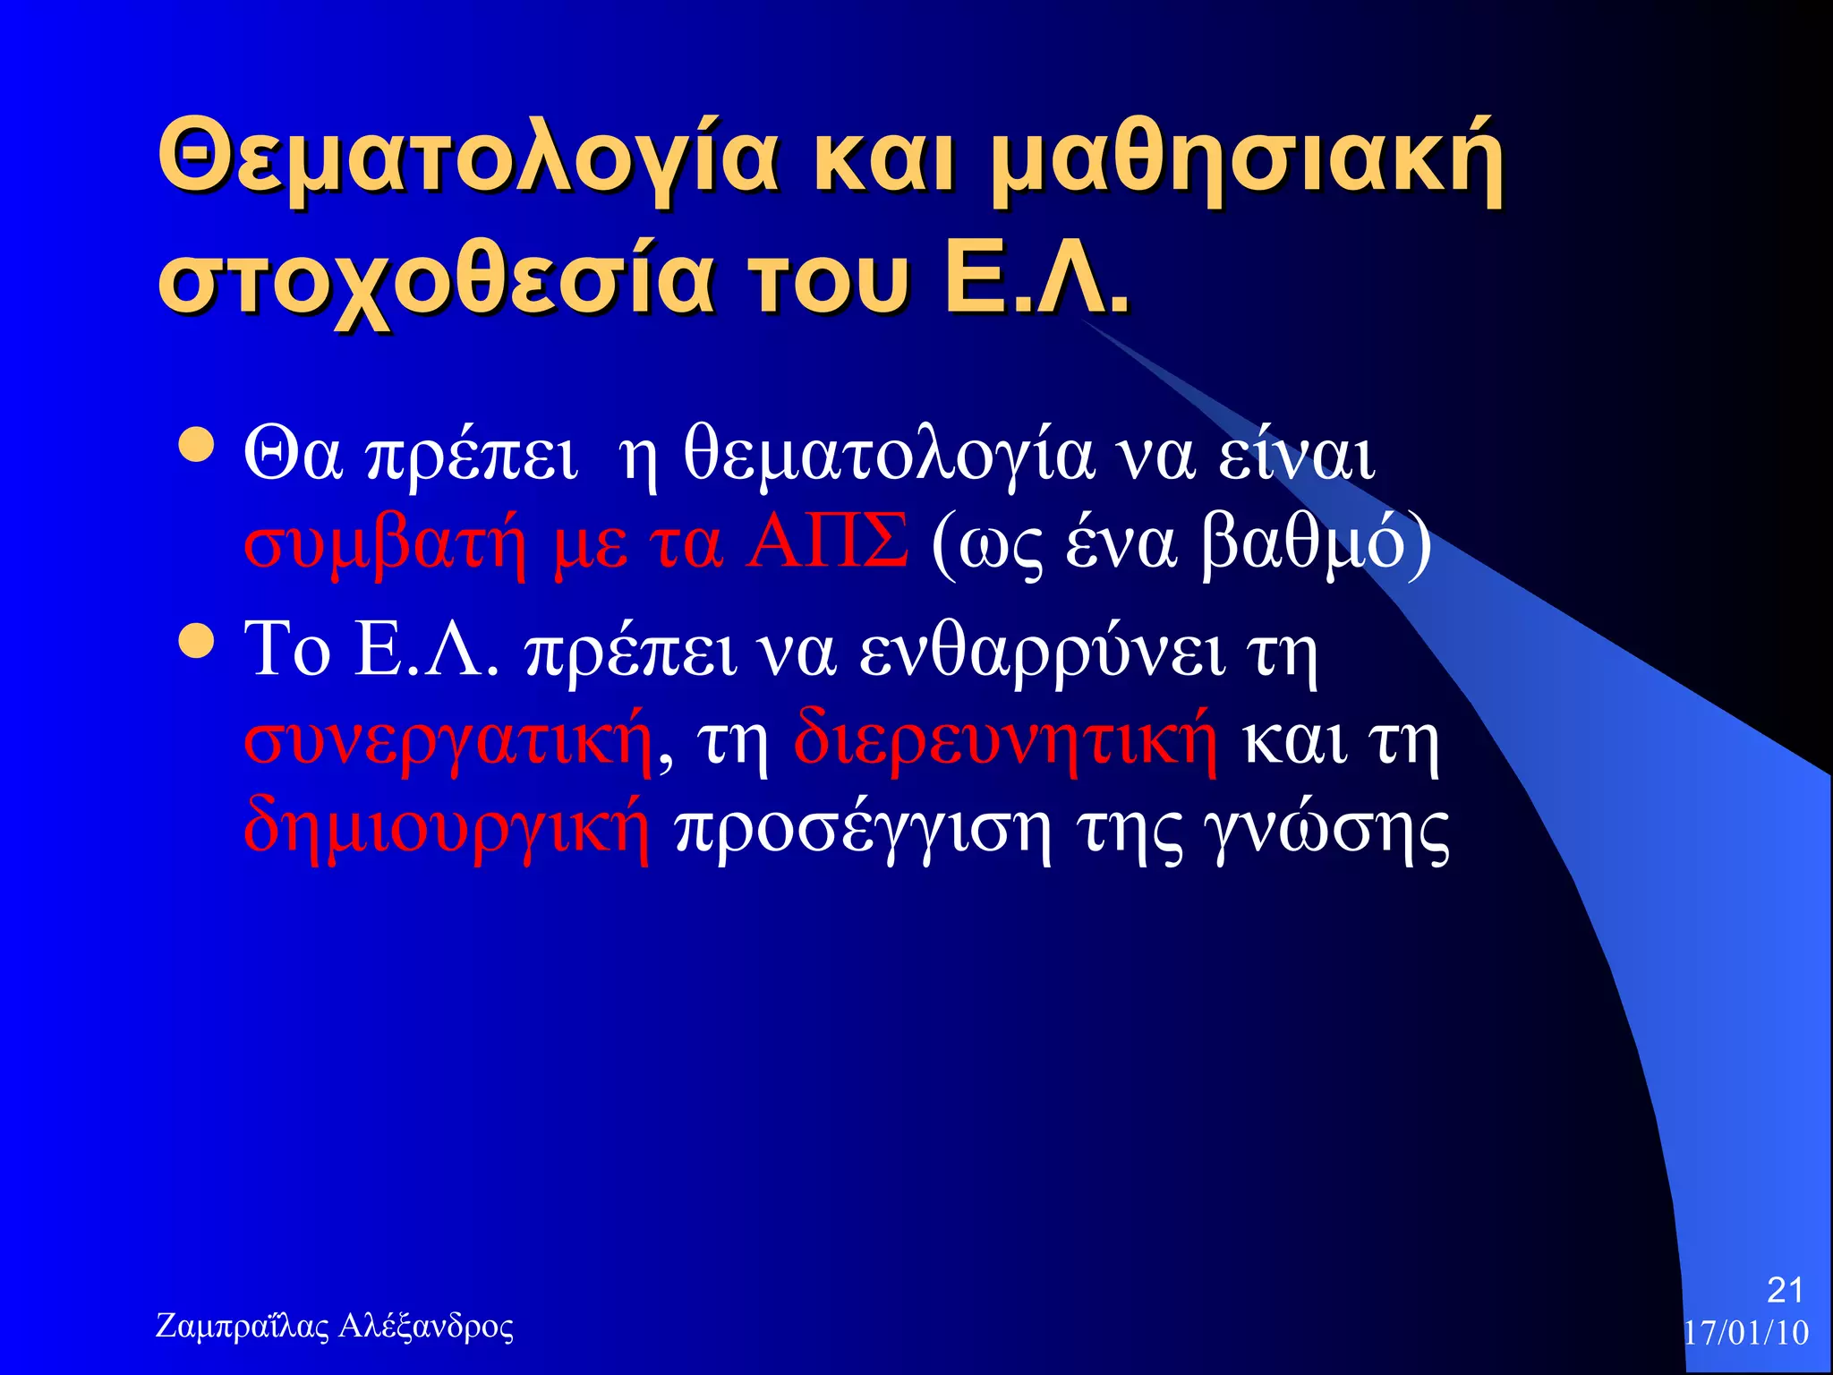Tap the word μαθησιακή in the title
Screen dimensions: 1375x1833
point(1248,159)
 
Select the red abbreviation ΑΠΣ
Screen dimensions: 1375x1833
point(828,541)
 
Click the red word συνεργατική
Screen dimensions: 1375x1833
point(448,741)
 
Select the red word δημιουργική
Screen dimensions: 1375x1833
point(446,827)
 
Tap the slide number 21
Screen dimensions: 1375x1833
point(1785,1290)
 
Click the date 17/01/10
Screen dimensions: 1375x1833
point(1746,1333)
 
